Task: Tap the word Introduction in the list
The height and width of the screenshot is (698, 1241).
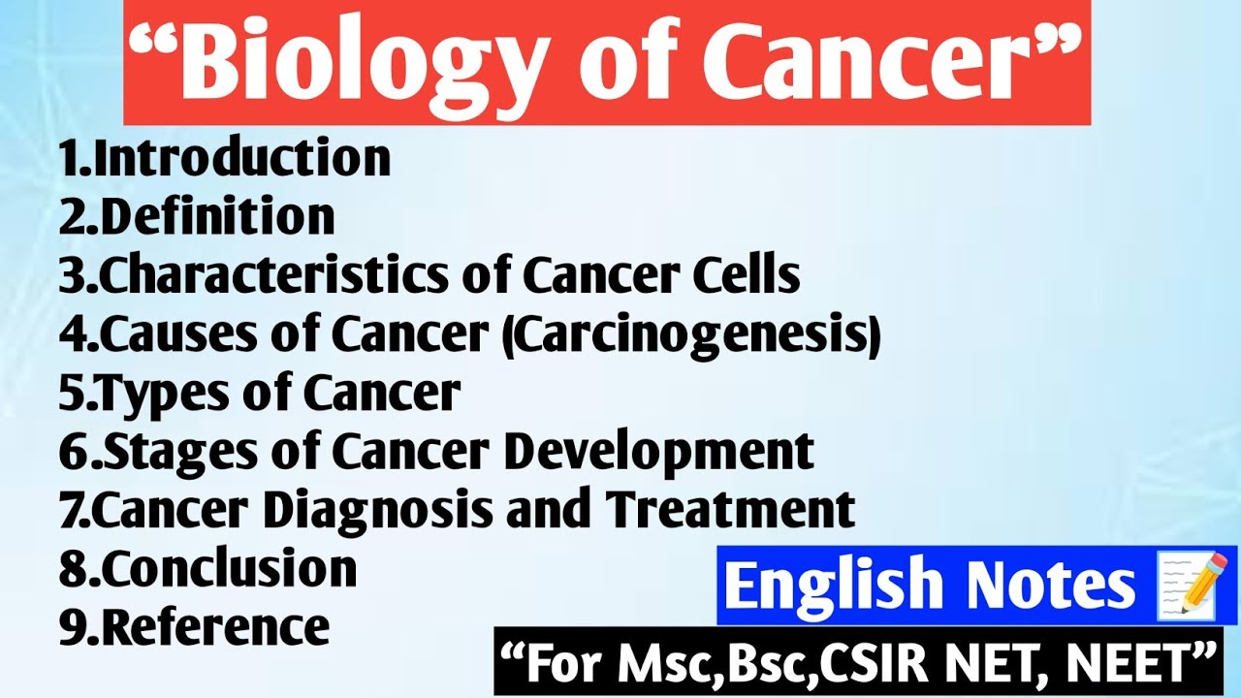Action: (242, 158)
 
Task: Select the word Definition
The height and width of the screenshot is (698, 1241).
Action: (217, 216)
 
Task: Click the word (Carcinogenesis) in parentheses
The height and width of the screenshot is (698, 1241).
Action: (706, 334)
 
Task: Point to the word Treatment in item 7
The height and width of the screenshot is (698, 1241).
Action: (732, 510)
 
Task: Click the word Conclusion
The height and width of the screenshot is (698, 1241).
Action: (228, 569)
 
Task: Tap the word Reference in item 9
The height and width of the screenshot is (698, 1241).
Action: (214, 627)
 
